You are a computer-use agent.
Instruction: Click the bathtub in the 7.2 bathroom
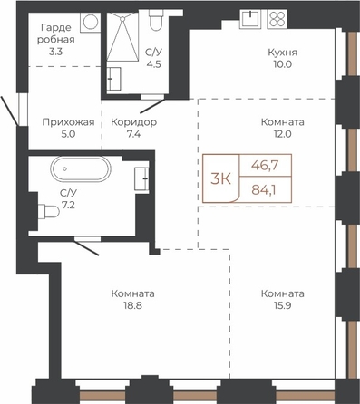81,168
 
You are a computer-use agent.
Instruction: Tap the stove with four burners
277,19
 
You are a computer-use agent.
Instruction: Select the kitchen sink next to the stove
250,19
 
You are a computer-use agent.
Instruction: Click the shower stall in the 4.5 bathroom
122,36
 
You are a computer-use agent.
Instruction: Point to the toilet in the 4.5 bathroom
156,20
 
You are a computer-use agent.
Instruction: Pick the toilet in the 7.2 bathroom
48,211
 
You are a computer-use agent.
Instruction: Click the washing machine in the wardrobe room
90,22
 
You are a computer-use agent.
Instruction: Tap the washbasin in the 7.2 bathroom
141,178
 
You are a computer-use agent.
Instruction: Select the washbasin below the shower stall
113,79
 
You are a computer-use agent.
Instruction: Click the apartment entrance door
10,111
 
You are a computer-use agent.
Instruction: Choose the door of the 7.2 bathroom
86,246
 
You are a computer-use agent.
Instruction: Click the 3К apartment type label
220,179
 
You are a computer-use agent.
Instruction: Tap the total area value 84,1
266,190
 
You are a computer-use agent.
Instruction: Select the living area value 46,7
265,165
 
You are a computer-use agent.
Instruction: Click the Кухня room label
283,53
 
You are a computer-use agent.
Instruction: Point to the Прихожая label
68,122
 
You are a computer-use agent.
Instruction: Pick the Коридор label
133,122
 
